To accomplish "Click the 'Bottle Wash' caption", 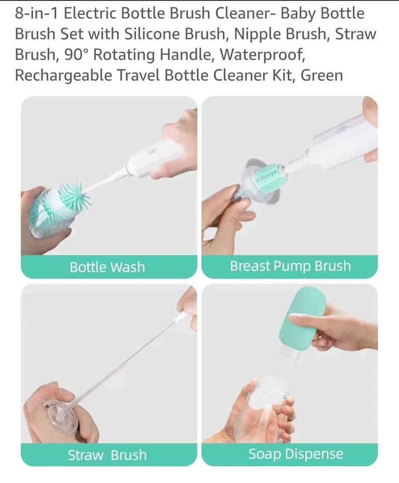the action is (107, 267).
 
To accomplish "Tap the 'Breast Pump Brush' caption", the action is (290, 266).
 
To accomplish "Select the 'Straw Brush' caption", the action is (107, 455).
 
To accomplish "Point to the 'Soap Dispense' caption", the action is (296, 454).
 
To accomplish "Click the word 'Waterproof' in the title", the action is (263, 54).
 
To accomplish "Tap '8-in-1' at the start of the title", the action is (36, 13).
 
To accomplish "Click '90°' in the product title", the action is (76, 54).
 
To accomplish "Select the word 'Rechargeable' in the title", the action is (63, 76).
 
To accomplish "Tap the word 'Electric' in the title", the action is (90, 13).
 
